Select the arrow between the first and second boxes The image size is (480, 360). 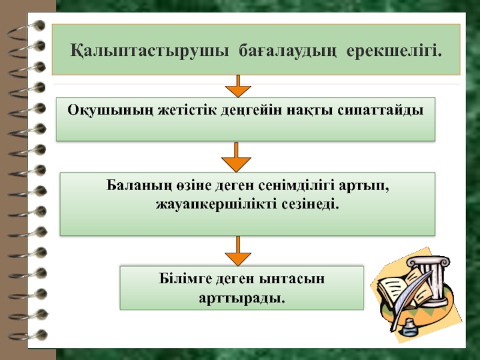click(237, 158)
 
